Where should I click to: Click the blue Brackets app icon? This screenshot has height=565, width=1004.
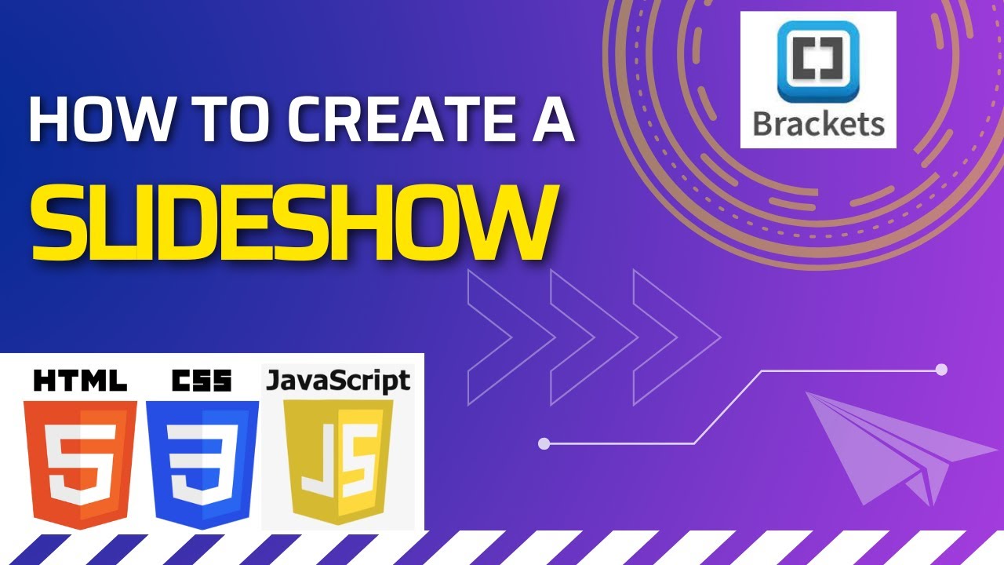[817, 62]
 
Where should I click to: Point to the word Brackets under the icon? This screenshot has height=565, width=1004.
[818, 123]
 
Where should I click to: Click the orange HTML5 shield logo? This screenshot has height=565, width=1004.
[80, 462]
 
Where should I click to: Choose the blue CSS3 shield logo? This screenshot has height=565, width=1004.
[202, 462]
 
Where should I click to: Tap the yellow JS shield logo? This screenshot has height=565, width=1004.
[338, 462]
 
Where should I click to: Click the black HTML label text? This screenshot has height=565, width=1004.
[80, 381]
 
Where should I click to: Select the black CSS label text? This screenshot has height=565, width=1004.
[202, 381]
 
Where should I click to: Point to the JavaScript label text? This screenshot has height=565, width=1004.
[338, 381]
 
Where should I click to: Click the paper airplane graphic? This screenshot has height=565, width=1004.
[894, 447]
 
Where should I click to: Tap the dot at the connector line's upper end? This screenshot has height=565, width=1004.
[942, 369]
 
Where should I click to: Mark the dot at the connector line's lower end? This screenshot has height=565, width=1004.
[544, 444]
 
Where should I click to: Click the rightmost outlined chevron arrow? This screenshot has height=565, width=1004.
[677, 337]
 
